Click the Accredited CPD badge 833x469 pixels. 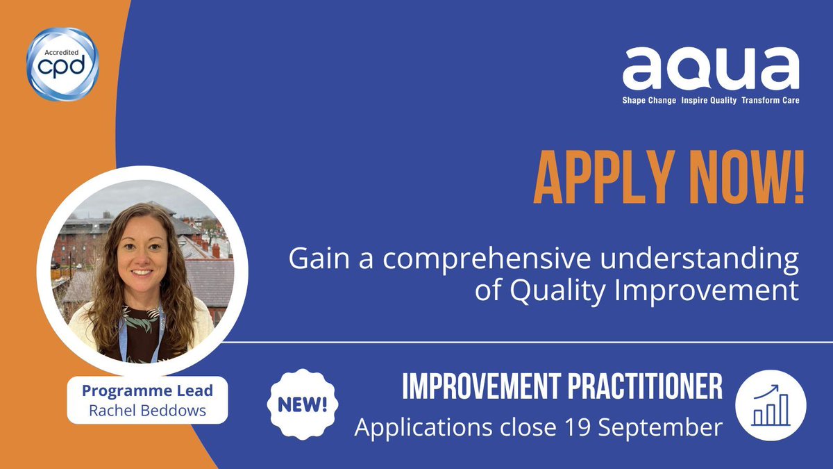(x=62, y=64)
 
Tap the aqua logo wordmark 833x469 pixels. (x=710, y=69)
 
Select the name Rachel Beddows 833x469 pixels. (x=147, y=410)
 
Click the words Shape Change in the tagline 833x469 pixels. (x=649, y=100)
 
